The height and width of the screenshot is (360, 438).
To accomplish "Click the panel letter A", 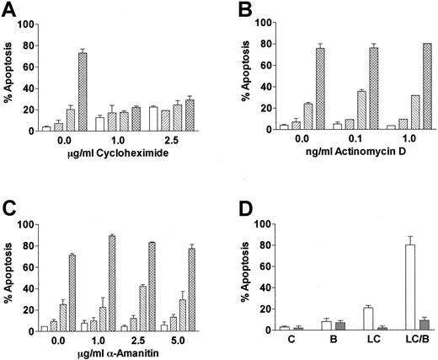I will (x=11, y=10).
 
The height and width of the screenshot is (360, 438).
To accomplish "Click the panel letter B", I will (x=239, y=10).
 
